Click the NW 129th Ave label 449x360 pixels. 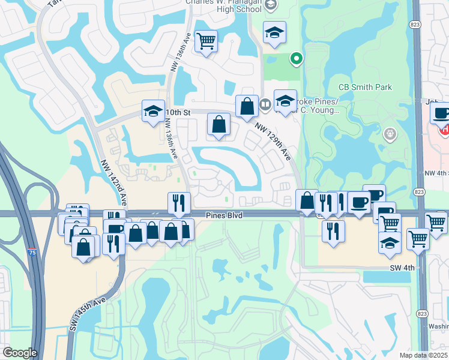tap(273, 142)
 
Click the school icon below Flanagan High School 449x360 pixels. tap(274, 32)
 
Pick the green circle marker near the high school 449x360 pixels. tap(295, 59)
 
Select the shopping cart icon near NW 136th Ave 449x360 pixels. tap(206, 41)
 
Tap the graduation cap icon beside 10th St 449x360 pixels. tap(153, 111)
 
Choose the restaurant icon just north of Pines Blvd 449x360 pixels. tap(179, 203)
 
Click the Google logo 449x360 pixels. tap(19, 353)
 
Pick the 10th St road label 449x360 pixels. tap(177, 112)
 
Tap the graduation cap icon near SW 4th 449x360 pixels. tap(390, 241)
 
